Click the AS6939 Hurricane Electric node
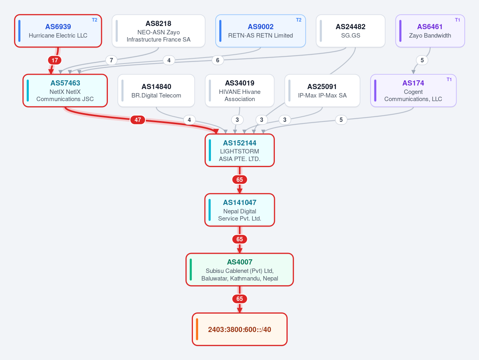58,31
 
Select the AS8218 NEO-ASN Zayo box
159,31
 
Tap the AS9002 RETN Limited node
260,31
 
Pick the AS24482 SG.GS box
351,31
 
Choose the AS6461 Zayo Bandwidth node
430,31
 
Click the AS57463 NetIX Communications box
65,91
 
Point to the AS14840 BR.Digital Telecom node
156,91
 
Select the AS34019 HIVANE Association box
240,91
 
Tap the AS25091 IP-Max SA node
322,91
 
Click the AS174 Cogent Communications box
413,91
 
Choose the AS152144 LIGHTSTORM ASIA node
240,150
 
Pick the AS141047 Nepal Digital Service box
240,210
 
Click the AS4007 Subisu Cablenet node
240,270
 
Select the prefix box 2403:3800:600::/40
240,329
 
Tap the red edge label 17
55,60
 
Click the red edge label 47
138,120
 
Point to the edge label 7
111,60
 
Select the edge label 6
217,60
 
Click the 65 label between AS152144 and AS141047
240,180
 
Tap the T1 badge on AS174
449,80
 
